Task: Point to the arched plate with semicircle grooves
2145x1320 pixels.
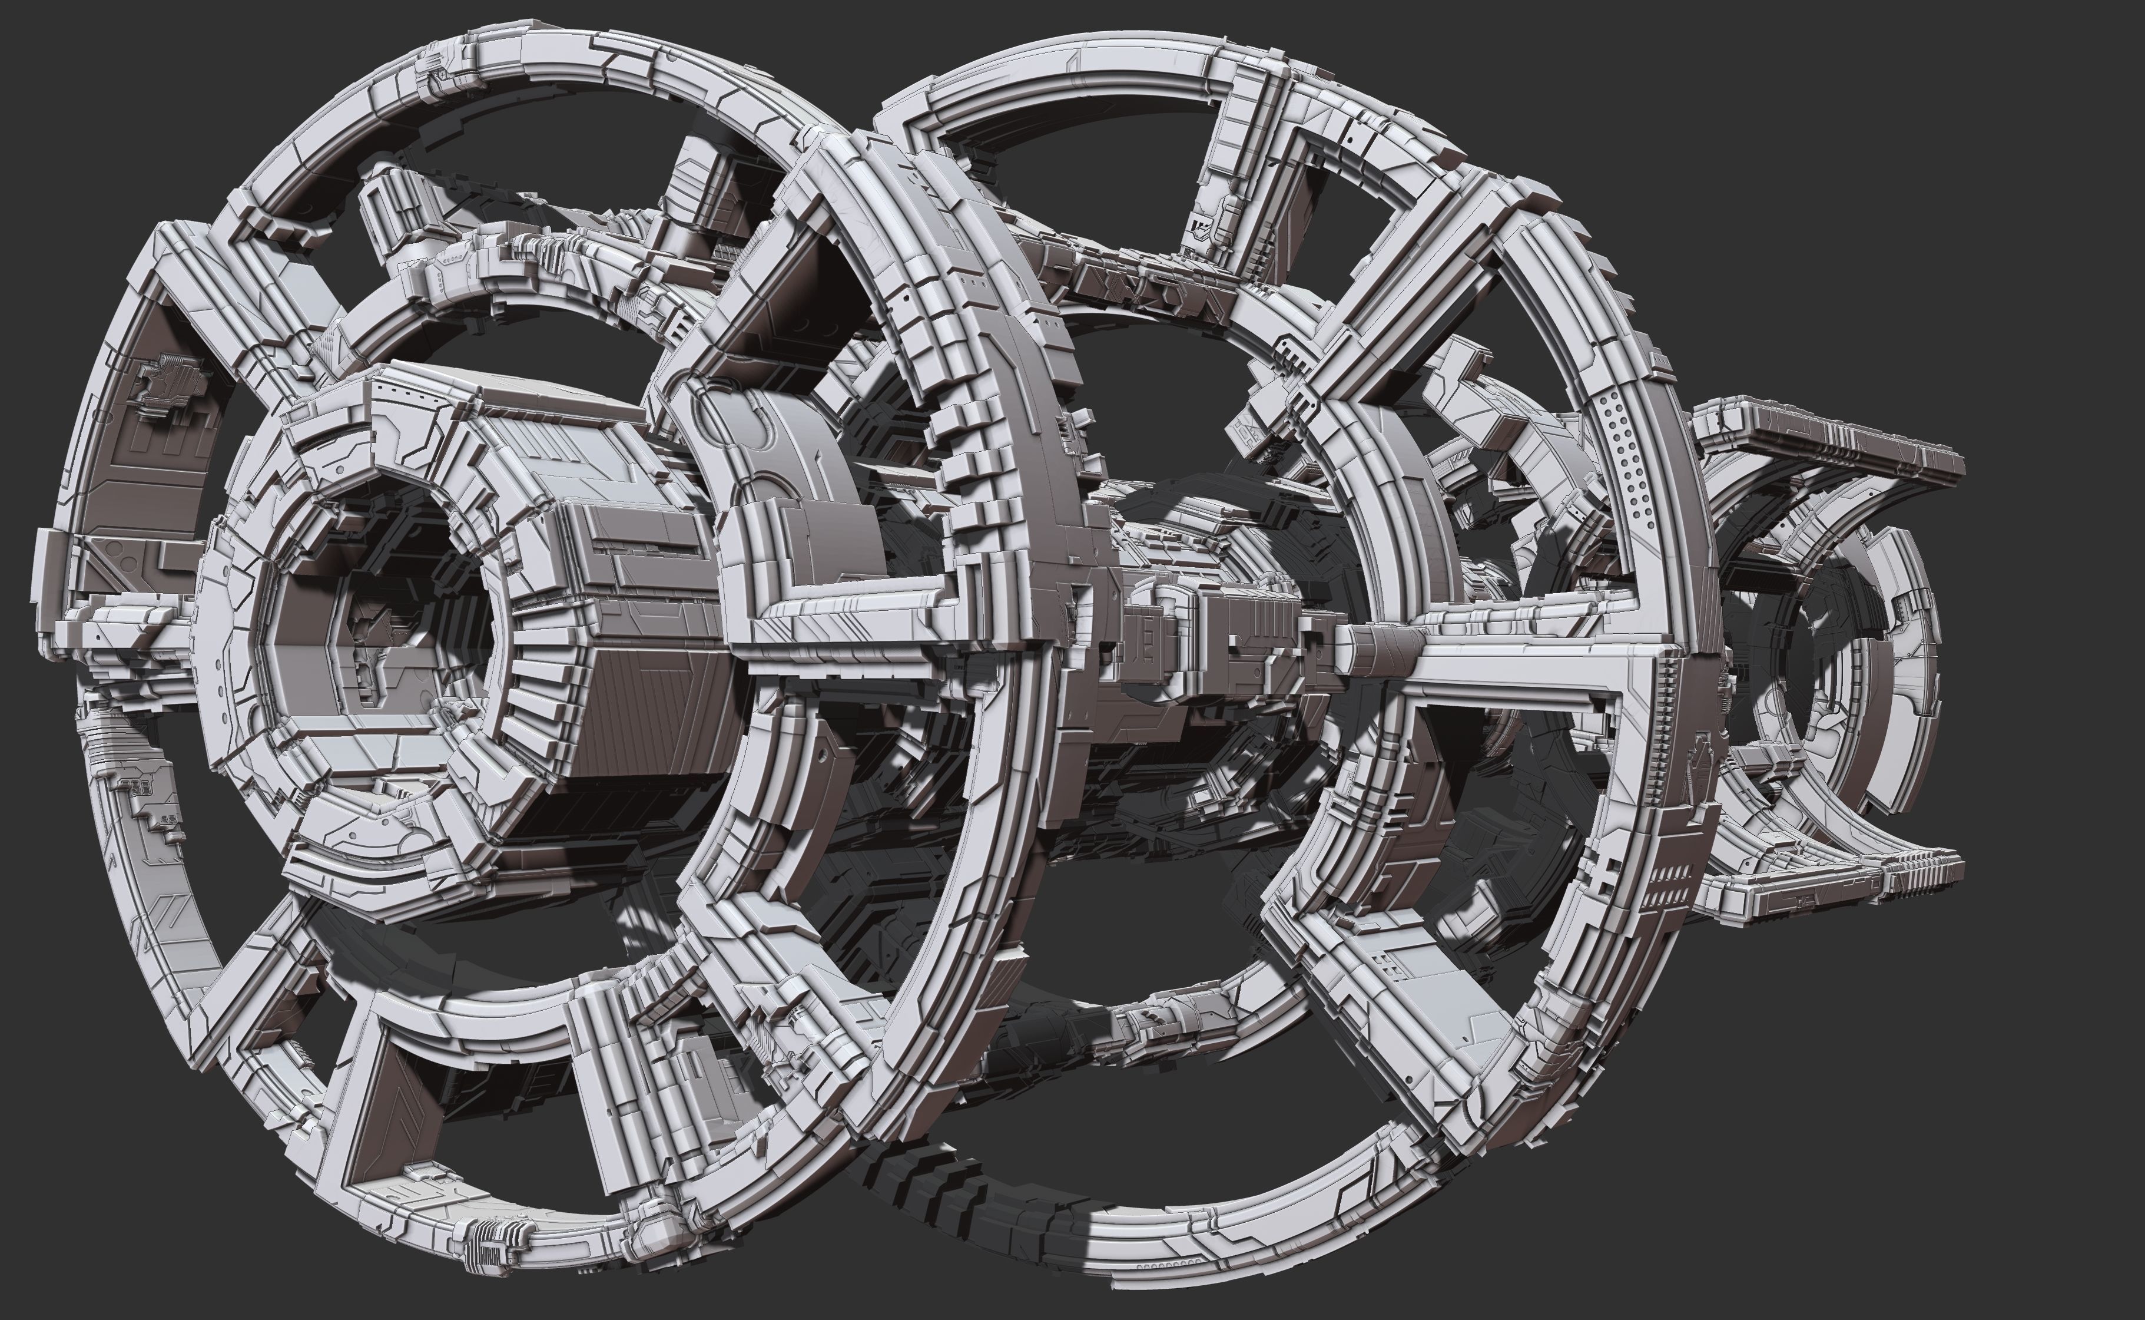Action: (768, 454)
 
